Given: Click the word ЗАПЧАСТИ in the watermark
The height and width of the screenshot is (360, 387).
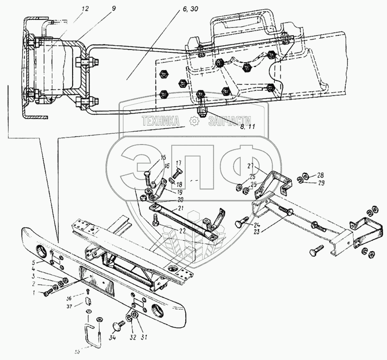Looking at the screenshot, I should click(x=230, y=122).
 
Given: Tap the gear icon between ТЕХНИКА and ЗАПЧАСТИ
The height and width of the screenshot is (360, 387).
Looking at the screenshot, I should click(x=193, y=122).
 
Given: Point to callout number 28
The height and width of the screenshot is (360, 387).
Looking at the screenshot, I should click(x=321, y=175).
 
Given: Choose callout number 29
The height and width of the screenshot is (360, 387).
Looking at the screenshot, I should click(x=321, y=183).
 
